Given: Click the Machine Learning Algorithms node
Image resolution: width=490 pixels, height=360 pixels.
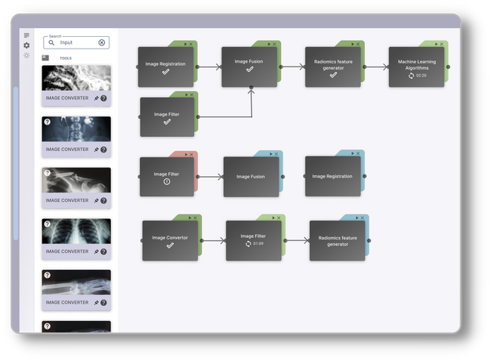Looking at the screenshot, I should coord(416,67).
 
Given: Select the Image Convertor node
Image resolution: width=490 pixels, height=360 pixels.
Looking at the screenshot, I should coord(170,240).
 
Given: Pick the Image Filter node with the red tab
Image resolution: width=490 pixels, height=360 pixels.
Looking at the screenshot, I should coord(167,176).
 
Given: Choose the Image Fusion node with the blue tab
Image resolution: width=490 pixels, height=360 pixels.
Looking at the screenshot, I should coord(250,177).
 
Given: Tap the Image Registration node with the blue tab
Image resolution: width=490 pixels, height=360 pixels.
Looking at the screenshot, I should coord(332,177).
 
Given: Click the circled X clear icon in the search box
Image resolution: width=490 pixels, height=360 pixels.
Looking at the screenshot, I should coord(102,43).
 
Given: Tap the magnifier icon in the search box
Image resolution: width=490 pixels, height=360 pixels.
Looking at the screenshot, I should coord(52,43).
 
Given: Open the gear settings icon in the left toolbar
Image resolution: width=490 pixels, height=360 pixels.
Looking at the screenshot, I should coord(27,45).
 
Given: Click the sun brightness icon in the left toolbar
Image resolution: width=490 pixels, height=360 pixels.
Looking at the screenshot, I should coord(27,56).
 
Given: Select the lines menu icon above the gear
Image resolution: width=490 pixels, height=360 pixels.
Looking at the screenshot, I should coord(27,36).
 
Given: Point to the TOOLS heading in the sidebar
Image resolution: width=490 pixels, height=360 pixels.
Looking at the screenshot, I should coord(66,58).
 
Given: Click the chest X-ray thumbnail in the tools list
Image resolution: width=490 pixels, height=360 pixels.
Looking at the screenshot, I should coord(76,231).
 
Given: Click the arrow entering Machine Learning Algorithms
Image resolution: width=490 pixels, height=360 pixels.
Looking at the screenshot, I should coord(378,67).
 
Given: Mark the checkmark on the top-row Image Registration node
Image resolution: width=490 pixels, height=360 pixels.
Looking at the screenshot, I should coord(166,71).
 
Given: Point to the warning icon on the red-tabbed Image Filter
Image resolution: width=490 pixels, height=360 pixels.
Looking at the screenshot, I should coord(167,182).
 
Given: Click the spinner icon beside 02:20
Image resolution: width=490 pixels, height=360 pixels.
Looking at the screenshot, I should coord(411,75).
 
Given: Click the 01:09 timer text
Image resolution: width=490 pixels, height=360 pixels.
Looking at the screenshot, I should coord(258,243).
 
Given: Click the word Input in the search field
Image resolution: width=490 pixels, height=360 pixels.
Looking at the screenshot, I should coord(67,43).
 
